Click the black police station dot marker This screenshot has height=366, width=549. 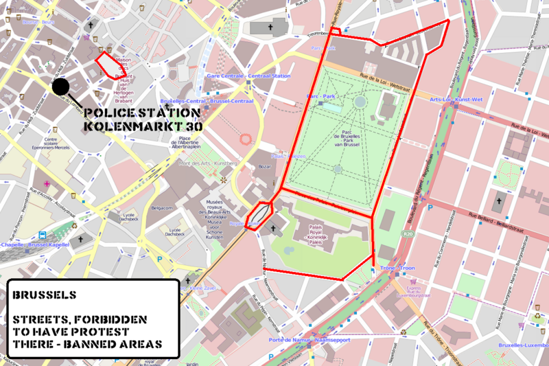[x=60, y=87]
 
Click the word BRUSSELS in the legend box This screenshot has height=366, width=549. [x=45, y=295]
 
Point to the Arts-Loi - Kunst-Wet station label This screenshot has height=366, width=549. [x=456, y=100]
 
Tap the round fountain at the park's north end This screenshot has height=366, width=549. [x=360, y=102]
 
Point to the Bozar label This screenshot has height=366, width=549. [x=266, y=167]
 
